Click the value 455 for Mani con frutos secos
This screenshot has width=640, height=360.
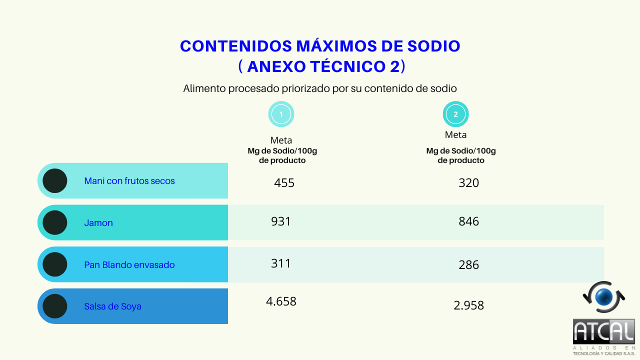click(284, 183)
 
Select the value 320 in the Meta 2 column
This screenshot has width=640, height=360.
click(468, 183)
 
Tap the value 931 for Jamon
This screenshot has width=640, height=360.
click(280, 221)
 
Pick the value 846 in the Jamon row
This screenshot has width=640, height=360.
click(468, 221)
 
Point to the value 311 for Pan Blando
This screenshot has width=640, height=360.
click(280, 263)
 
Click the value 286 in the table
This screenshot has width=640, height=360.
click(468, 265)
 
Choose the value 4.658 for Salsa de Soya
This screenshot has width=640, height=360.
click(281, 301)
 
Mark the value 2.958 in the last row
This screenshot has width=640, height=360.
click(468, 305)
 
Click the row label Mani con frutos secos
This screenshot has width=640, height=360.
click(129, 181)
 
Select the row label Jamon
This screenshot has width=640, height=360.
click(98, 223)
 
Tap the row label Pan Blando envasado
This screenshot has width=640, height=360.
click(129, 265)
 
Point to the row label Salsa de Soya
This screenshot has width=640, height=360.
click(112, 306)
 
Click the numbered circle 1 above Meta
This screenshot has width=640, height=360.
click(281, 114)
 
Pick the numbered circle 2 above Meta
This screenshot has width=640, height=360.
click(455, 114)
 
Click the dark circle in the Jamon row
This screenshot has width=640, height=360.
click(55, 223)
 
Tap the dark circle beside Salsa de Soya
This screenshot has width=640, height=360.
click(55, 306)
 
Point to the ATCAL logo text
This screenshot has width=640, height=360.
click(603, 331)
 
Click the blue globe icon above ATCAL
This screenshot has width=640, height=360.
click(603, 297)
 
